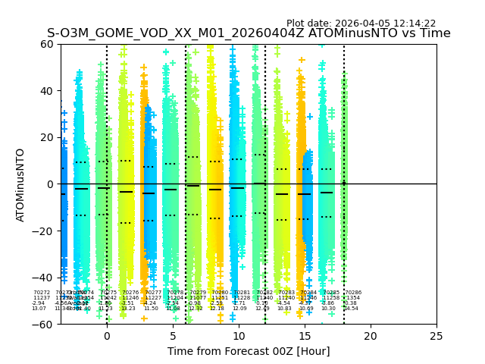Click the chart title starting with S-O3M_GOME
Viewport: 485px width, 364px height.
(x=249, y=33)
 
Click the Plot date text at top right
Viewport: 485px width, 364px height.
(x=361, y=24)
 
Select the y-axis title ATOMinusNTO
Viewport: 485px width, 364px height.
(x=21, y=184)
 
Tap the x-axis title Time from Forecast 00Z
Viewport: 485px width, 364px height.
(x=249, y=351)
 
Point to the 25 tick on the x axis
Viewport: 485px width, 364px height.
(x=436, y=336)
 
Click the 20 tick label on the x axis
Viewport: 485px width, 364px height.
(x=371, y=336)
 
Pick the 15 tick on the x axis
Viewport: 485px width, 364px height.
(x=305, y=336)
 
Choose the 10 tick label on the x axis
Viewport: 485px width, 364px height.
(x=239, y=336)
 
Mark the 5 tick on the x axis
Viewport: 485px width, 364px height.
(x=173, y=336)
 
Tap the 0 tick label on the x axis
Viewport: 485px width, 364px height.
(x=107, y=336)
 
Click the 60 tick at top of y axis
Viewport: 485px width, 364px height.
(x=48, y=44)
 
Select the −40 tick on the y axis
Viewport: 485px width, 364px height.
(x=45, y=278)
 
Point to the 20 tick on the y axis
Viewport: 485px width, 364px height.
(x=48, y=137)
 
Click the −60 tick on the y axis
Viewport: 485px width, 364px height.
(x=45, y=324)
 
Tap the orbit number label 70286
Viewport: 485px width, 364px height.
(x=353, y=293)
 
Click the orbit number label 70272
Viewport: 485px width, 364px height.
(x=42, y=293)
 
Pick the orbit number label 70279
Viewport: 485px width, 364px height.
(x=198, y=293)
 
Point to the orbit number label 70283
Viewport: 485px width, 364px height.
(x=286, y=293)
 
